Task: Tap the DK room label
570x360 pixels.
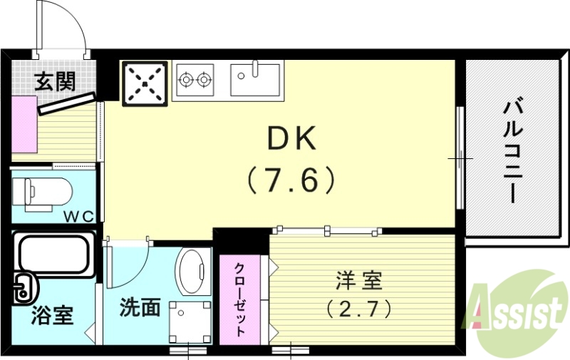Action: click(x=291, y=140)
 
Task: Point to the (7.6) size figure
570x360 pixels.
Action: click(x=291, y=180)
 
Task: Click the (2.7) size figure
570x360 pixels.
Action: click(x=360, y=309)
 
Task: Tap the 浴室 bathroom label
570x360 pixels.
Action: click(x=52, y=314)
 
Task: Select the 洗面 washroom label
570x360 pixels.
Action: click(x=140, y=308)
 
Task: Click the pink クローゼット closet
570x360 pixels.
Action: click(x=240, y=299)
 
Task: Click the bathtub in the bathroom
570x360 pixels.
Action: click(x=54, y=255)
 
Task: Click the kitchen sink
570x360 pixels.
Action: click(x=256, y=78)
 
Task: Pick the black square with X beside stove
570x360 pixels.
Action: click(x=146, y=83)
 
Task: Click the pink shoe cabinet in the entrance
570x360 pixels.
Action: click(x=24, y=123)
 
